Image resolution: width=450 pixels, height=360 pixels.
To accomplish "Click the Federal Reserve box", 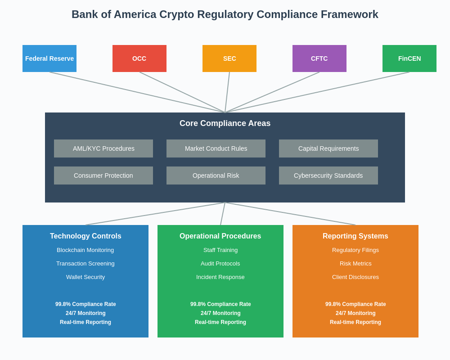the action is click(49, 58).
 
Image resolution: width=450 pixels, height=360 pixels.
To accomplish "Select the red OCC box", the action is click(139, 58).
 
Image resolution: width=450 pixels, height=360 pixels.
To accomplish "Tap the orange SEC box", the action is click(229, 58).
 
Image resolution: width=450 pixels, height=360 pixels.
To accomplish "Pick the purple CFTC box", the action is click(319, 58).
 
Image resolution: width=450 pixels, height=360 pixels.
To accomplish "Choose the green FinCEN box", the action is click(409, 58).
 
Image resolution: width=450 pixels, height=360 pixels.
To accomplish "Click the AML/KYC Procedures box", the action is click(103, 148).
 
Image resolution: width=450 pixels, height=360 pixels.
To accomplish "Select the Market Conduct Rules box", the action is click(216, 148).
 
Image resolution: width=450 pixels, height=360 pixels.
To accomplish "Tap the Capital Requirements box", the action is click(328, 148).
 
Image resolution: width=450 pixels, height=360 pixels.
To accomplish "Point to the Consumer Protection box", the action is click(103, 175).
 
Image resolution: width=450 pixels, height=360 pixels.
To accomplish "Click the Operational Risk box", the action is click(216, 175).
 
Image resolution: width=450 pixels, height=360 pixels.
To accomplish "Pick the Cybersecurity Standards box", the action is click(328, 175).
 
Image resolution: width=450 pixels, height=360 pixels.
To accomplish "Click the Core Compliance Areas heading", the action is click(225, 123).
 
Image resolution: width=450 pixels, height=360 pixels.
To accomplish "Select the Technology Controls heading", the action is click(85, 236).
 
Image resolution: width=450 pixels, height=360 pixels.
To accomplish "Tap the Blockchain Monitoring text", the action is click(85, 250).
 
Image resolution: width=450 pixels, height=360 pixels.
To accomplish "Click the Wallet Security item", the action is click(85, 277).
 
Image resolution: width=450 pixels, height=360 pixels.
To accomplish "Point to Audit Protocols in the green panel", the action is click(220, 264).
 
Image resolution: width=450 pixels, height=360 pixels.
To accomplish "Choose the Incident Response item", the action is click(220, 277).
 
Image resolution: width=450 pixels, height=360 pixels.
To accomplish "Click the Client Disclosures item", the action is click(355, 277).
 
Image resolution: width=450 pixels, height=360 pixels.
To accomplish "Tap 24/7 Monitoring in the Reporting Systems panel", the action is click(355, 313).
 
